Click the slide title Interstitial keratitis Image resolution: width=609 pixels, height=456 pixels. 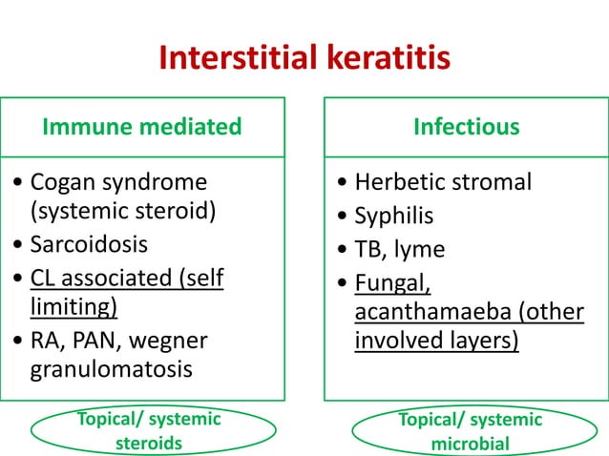click(304, 60)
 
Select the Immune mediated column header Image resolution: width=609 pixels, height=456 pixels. click(141, 126)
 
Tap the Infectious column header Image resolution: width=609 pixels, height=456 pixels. click(466, 126)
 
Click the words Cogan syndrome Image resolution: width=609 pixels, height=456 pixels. click(119, 181)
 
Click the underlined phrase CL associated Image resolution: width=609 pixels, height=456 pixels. click(105, 278)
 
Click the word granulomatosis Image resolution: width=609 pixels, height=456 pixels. click(112, 368)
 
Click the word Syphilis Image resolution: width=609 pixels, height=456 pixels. click(393, 216)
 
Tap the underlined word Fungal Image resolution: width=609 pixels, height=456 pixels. click(393, 283)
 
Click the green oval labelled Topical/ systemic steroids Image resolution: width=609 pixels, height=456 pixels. click(140, 431)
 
